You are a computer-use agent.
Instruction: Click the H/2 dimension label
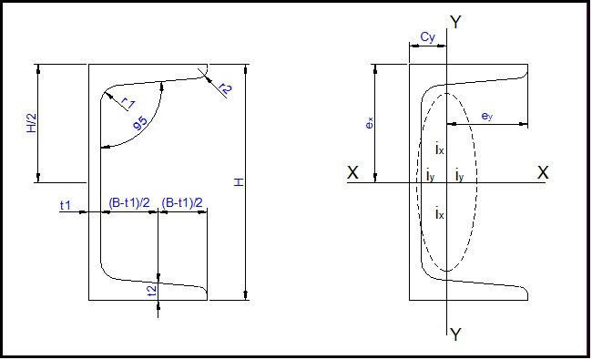pos(30,124)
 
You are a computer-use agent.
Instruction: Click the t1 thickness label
pos(66,206)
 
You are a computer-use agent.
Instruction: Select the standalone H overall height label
pos(239,183)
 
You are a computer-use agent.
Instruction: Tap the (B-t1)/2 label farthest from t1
pos(182,202)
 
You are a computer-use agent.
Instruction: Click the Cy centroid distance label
pos(426,37)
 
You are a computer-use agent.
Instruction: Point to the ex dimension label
pos(370,122)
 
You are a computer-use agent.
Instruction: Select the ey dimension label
pos(487,116)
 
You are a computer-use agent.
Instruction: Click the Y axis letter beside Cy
pos(455,23)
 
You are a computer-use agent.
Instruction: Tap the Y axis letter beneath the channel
pos(455,335)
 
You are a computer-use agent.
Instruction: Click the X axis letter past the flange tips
pos(543,171)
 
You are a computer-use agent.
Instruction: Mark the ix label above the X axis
pos(439,148)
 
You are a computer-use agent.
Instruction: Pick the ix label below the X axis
pos(439,213)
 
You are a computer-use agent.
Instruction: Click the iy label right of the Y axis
pos(459,175)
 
